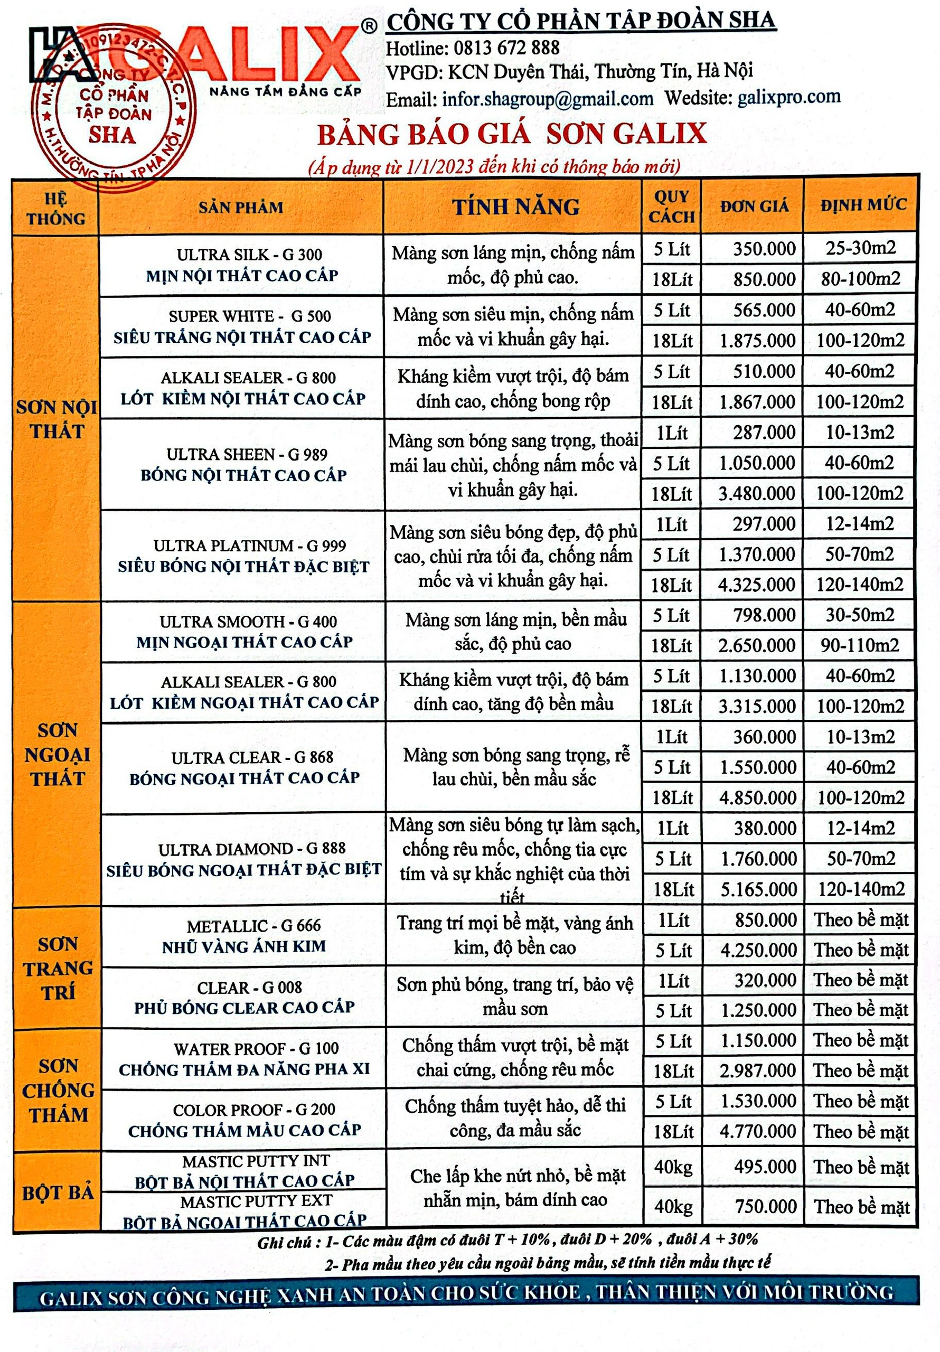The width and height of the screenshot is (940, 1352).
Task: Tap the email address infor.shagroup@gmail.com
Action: click(x=548, y=99)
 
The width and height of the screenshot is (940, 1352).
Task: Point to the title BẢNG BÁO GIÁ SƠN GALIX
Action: click(x=511, y=134)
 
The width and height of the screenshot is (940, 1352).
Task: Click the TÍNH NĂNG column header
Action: click(x=515, y=206)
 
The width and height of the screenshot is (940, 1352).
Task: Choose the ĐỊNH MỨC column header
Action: click(x=863, y=205)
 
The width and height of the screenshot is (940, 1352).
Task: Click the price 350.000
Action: click(x=764, y=249)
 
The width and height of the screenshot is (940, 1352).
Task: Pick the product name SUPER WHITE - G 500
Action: click(x=250, y=316)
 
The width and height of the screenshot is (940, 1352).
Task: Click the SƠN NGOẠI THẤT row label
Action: click(x=58, y=754)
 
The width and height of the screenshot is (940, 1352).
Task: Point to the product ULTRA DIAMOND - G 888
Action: click(x=251, y=849)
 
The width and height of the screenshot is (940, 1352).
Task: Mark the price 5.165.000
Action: click(x=758, y=889)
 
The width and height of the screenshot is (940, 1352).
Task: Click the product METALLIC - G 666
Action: click(x=254, y=926)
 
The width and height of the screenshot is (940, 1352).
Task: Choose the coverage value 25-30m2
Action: click(x=860, y=248)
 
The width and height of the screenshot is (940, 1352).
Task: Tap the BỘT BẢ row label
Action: click(x=58, y=1193)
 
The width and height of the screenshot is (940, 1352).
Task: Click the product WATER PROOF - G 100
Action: click(x=256, y=1049)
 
